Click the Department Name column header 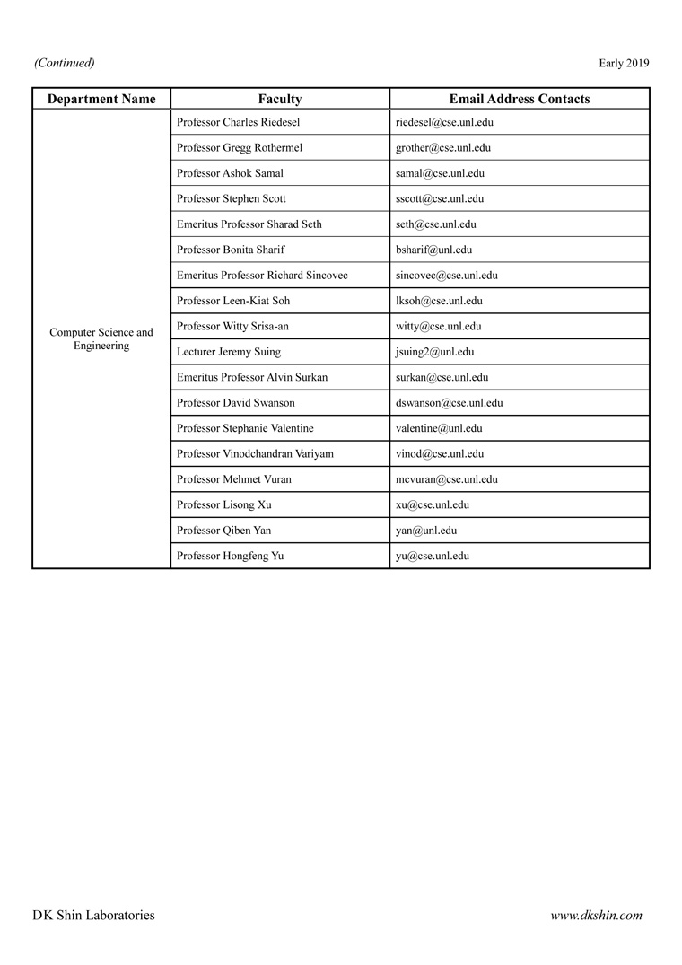(101, 99)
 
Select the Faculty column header (280, 99)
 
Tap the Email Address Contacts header (520, 99)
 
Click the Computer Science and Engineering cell (101, 338)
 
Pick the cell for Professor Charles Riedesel (239, 122)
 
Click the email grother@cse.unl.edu (443, 147)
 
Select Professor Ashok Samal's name (231, 173)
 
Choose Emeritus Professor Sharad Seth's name (249, 224)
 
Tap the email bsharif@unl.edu (433, 250)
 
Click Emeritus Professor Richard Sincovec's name (262, 275)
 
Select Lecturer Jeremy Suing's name (229, 352)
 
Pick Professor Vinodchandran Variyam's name (255, 453)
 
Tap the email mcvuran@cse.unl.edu (446, 479)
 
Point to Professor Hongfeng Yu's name (231, 556)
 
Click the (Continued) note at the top (65, 63)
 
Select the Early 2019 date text (624, 63)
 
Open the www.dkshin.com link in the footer (597, 916)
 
